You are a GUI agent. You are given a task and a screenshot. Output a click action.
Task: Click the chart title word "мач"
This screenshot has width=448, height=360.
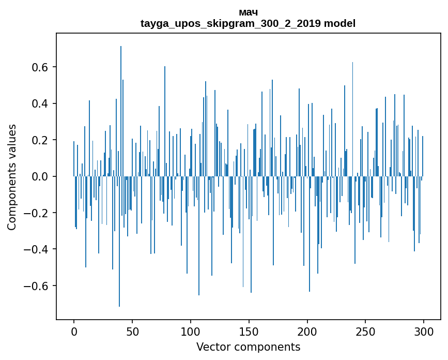[x=248, y=12]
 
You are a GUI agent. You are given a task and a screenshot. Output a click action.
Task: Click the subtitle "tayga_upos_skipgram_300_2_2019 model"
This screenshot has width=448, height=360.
[x=248, y=23]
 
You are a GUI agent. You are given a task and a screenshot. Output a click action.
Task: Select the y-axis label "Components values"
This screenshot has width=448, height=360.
[x=12, y=177]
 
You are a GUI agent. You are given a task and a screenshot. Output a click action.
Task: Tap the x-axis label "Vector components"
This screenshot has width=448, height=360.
[x=248, y=347]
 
